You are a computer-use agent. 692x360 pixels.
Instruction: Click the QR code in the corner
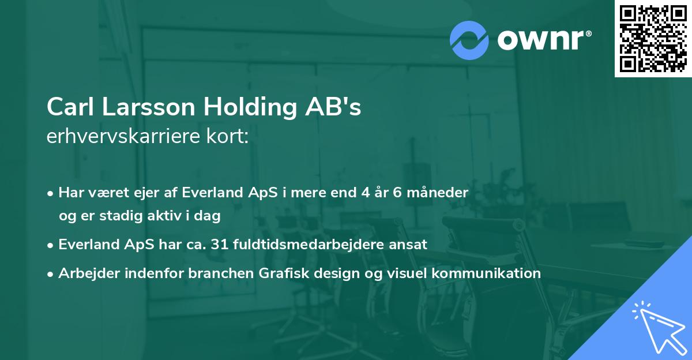[653, 39]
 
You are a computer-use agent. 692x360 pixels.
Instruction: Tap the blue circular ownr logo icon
[469, 40]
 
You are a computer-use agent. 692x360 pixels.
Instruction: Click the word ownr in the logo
[541, 40]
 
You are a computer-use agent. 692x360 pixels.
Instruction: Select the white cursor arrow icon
[660, 328]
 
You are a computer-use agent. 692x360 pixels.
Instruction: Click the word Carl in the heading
[70, 107]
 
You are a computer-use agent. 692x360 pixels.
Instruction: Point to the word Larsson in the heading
[148, 107]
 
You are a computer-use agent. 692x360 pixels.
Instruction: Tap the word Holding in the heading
[250, 107]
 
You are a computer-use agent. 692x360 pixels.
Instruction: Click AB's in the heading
[333, 107]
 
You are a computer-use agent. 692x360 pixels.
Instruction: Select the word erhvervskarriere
[123, 136]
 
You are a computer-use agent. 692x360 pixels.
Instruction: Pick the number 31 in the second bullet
[220, 244]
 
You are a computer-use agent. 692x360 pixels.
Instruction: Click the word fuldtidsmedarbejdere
[309, 245]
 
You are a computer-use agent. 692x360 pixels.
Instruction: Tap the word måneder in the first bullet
[438, 192]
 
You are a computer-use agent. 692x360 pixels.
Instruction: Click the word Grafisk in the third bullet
[284, 273]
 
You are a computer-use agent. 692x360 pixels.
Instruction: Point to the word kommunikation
[486, 273]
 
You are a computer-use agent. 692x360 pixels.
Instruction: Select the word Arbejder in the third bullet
[89, 273]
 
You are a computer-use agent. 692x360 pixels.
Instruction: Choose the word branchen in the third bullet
[221, 273]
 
